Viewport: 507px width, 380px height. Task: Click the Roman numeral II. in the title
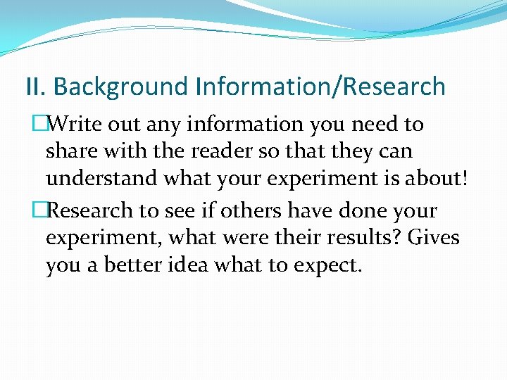tap(35, 87)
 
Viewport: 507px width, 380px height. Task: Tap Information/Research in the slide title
tap(321, 87)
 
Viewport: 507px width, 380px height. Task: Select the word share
tap(68, 151)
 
